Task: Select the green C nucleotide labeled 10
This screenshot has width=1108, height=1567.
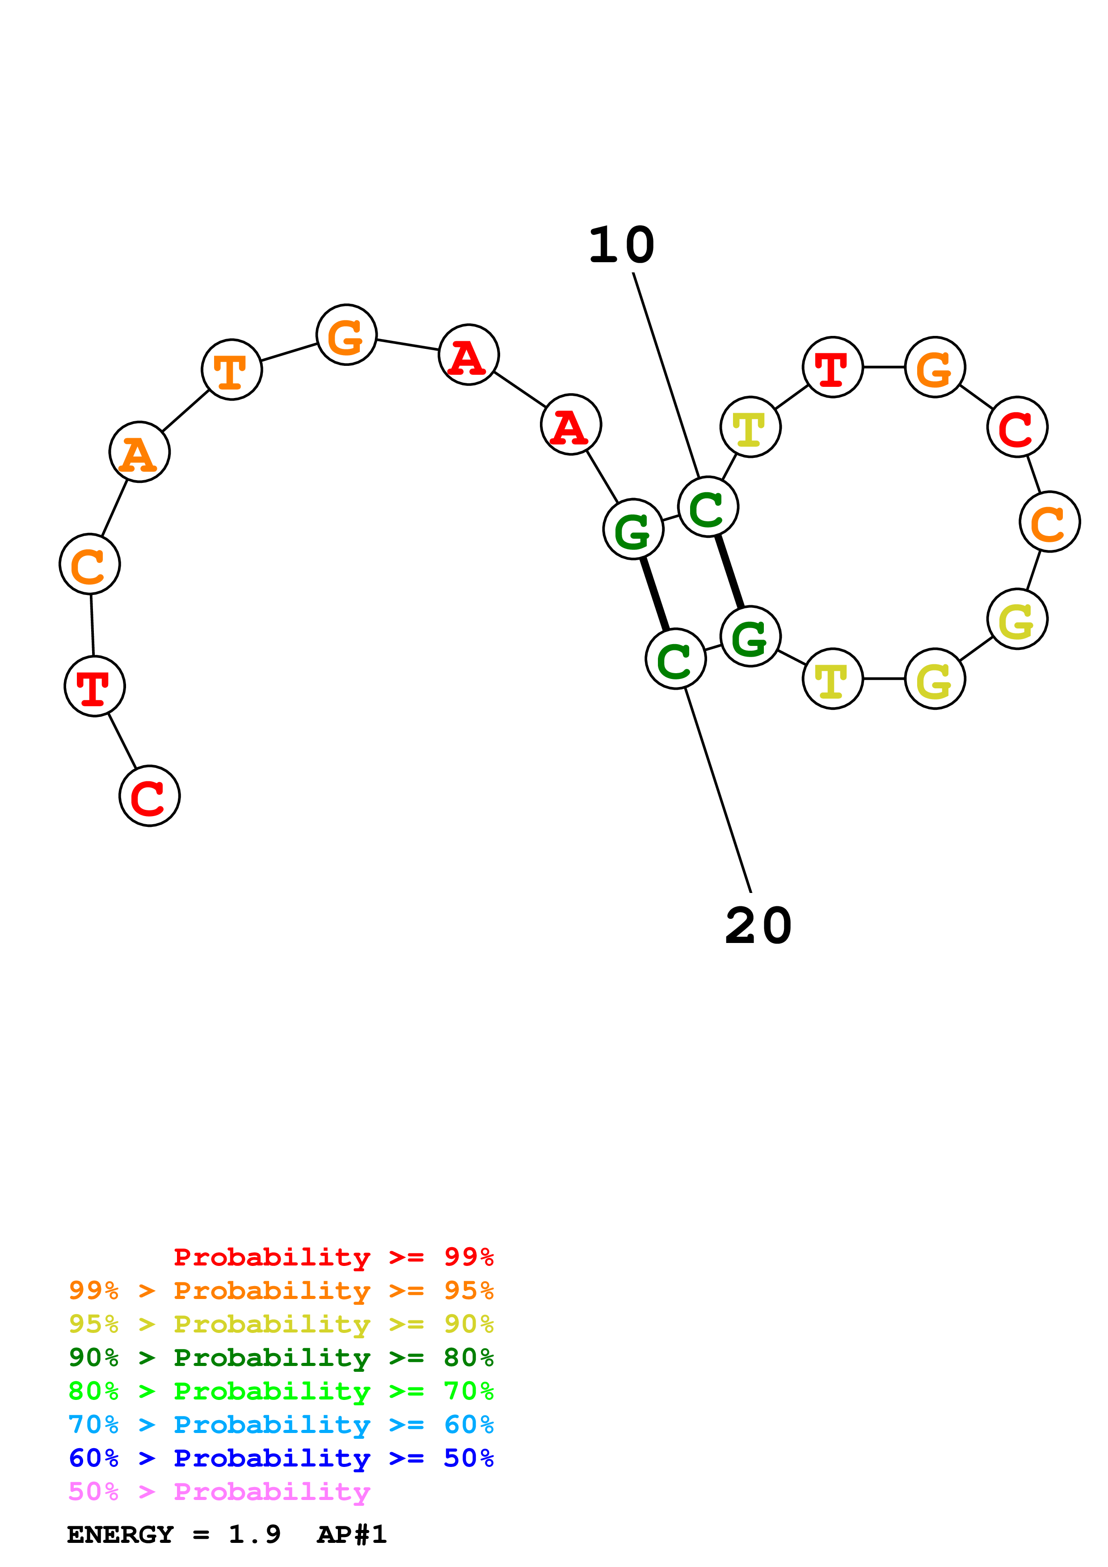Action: (x=708, y=507)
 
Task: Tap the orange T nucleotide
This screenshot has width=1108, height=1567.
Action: (x=232, y=369)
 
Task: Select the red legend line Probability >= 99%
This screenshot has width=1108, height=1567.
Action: (x=333, y=1257)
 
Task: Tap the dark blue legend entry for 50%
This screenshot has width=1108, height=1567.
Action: (x=281, y=1458)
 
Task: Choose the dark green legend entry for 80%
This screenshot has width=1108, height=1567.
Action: (x=281, y=1358)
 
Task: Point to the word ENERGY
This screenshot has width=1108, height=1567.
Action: (x=120, y=1535)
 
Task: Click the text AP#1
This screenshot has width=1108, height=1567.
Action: (x=352, y=1535)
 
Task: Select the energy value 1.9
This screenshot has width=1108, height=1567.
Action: (x=254, y=1535)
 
